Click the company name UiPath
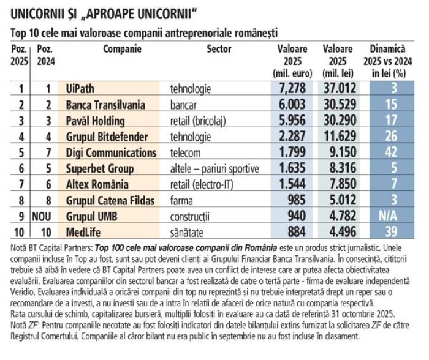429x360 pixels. coord(80,89)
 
